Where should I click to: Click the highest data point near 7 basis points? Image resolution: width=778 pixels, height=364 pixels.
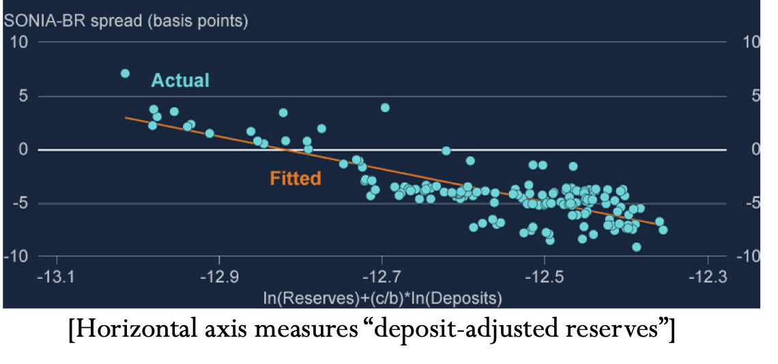click(125, 74)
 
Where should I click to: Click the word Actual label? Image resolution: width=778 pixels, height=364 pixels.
click(180, 80)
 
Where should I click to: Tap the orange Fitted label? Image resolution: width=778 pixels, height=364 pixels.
click(296, 179)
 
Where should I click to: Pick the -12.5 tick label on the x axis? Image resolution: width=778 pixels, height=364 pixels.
click(544, 278)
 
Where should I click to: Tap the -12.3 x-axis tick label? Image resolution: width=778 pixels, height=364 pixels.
click(707, 278)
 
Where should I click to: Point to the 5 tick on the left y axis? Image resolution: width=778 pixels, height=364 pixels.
click(23, 96)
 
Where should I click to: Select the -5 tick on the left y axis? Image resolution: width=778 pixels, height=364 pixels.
click(18, 203)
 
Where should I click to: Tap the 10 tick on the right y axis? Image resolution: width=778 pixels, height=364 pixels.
click(751, 42)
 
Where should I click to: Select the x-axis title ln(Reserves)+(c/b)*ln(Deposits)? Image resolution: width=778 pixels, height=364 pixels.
click(382, 298)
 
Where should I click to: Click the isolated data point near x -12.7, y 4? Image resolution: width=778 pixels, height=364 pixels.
click(385, 108)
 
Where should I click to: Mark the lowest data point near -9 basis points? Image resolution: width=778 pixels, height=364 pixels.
click(636, 247)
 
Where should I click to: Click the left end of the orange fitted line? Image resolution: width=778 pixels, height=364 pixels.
click(126, 117)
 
